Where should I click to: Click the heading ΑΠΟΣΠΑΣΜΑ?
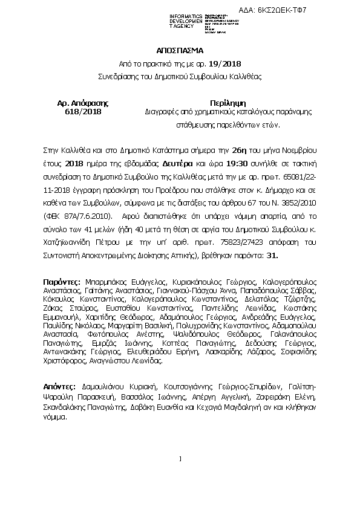[x=180, y=51]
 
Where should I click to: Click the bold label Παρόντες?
[x=61, y=282]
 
